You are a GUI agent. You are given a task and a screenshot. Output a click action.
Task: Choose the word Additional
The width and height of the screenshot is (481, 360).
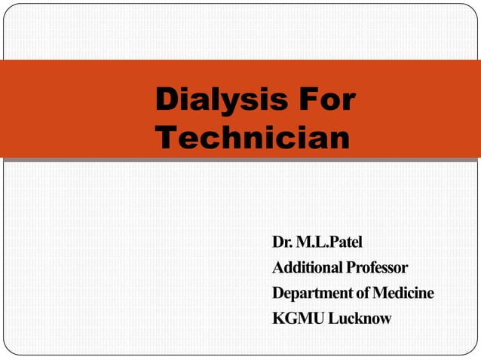(x=303, y=267)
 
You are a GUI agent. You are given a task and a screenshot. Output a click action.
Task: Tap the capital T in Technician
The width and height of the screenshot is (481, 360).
(x=164, y=138)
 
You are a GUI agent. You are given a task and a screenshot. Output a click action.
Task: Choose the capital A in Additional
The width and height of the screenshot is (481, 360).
(x=278, y=267)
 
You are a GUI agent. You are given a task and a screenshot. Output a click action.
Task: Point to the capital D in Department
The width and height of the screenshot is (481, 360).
(x=278, y=292)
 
